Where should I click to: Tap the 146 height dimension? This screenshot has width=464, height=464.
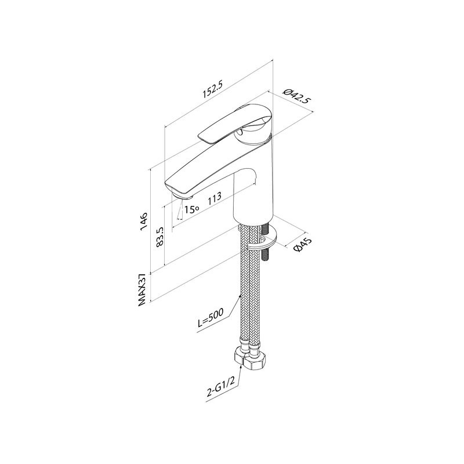point(144,220)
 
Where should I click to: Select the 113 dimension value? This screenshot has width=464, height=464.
point(215,198)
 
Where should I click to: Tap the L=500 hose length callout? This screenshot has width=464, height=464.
point(208,320)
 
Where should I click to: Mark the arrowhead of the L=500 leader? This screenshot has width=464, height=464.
point(241,296)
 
